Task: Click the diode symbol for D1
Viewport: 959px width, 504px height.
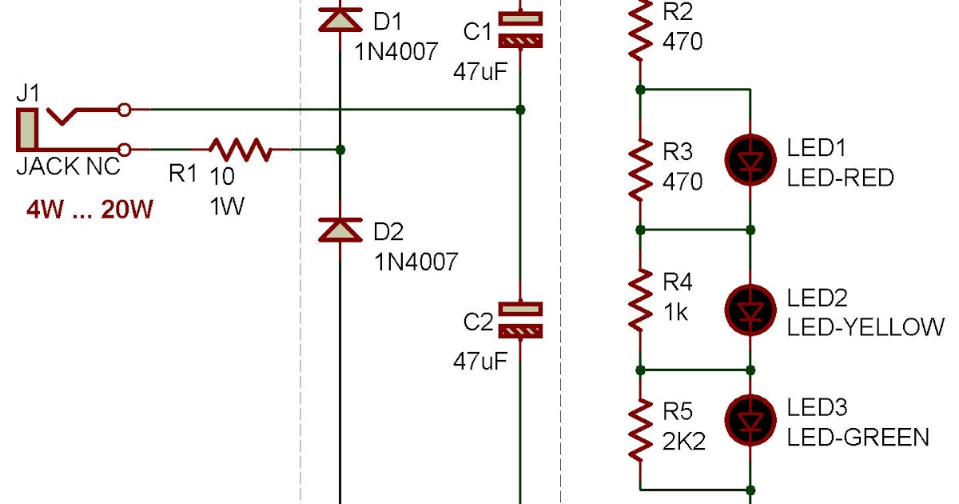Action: click(340, 19)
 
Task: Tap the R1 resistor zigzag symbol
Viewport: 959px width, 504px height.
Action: click(240, 150)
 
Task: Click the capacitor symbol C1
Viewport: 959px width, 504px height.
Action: click(520, 29)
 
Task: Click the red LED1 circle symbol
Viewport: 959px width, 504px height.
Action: click(750, 160)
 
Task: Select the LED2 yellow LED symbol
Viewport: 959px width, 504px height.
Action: click(750, 310)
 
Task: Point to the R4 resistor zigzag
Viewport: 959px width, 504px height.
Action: click(640, 300)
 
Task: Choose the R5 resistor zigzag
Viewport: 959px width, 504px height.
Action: click(640, 430)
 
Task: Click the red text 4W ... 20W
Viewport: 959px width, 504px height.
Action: click(89, 210)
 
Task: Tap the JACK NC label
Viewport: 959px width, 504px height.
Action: click(68, 167)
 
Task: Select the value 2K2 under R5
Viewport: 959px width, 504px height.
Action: click(683, 442)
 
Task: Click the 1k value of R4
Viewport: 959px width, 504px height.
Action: click(675, 312)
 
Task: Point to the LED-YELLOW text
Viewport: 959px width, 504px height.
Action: click(865, 327)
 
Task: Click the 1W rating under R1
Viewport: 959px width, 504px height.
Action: click(226, 207)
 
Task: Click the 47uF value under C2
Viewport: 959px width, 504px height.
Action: click(479, 361)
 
